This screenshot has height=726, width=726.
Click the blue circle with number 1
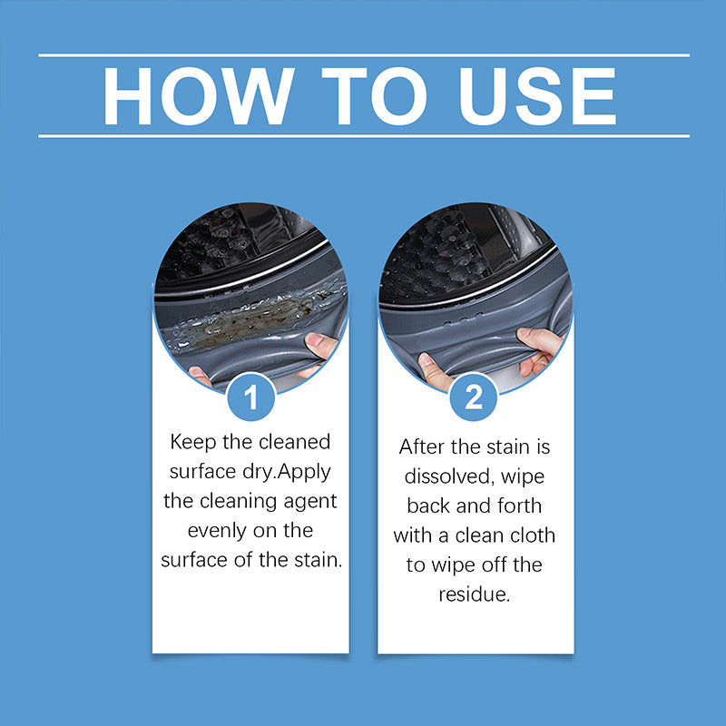[250, 397]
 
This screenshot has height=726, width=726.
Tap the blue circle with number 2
[475, 397]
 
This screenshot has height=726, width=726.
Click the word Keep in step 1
[194, 443]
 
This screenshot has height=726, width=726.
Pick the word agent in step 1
[310, 500]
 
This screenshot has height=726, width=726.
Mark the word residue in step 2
[475, 594]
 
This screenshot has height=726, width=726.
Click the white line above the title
[363, 55]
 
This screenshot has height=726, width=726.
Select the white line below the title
[363, 136]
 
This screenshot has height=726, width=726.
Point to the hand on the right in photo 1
[323, 347]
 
